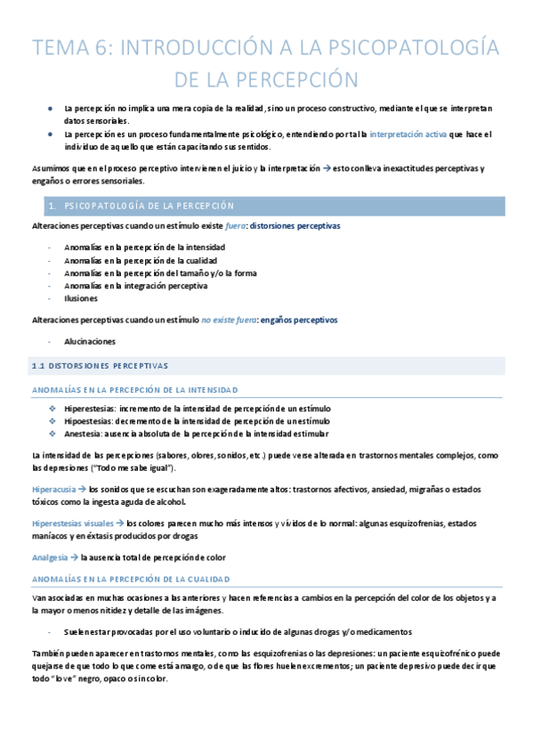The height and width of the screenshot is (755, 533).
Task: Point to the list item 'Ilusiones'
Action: (x=83, y=298)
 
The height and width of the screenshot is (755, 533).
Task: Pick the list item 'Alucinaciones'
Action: (x=90, y=341)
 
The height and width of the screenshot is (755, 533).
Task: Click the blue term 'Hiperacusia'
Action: (x=52, y=489)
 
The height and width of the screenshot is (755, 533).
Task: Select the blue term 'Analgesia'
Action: (x=50, y=557)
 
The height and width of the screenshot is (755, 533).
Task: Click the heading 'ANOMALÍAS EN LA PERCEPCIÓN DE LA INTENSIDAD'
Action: (x=134, y=389)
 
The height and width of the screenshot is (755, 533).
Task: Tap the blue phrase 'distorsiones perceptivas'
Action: (x=295, y=226)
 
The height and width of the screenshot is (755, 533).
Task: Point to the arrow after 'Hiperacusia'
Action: (x=80, y=489)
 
